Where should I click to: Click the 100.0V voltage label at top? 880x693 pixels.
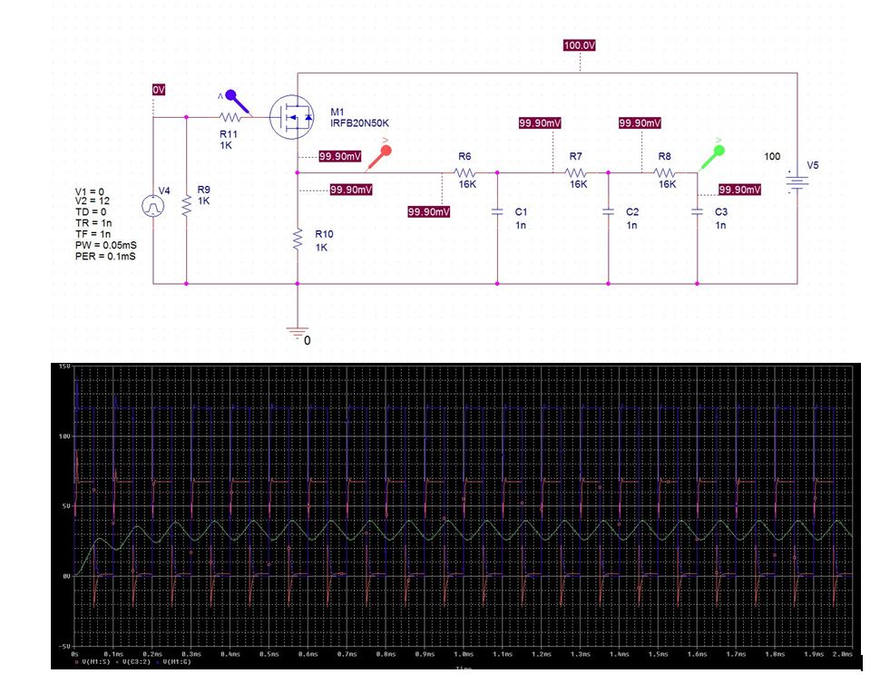click(x=579, y=45)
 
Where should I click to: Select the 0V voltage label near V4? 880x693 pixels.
click(x=159, y=90)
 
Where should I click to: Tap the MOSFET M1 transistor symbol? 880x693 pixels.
click(x=289, y=118)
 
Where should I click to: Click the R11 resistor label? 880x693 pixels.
click(x=227, y=132)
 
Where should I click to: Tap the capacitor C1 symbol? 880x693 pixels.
click(x=497, y=212)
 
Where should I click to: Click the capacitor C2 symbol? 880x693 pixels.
click(x=608, y=212)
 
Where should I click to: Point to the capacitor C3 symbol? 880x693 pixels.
click(x=697, y=212)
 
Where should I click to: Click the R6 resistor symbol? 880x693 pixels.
click(x=465, y=171)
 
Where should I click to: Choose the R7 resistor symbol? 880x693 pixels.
click(x=577, y=171)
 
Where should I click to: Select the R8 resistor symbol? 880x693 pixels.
click(x=666, y=171)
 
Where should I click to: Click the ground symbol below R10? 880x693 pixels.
click(x=298, y=333)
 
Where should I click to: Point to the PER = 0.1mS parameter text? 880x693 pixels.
click(x=105, y=258)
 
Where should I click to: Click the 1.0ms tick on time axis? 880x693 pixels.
click(x=464, y=653)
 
